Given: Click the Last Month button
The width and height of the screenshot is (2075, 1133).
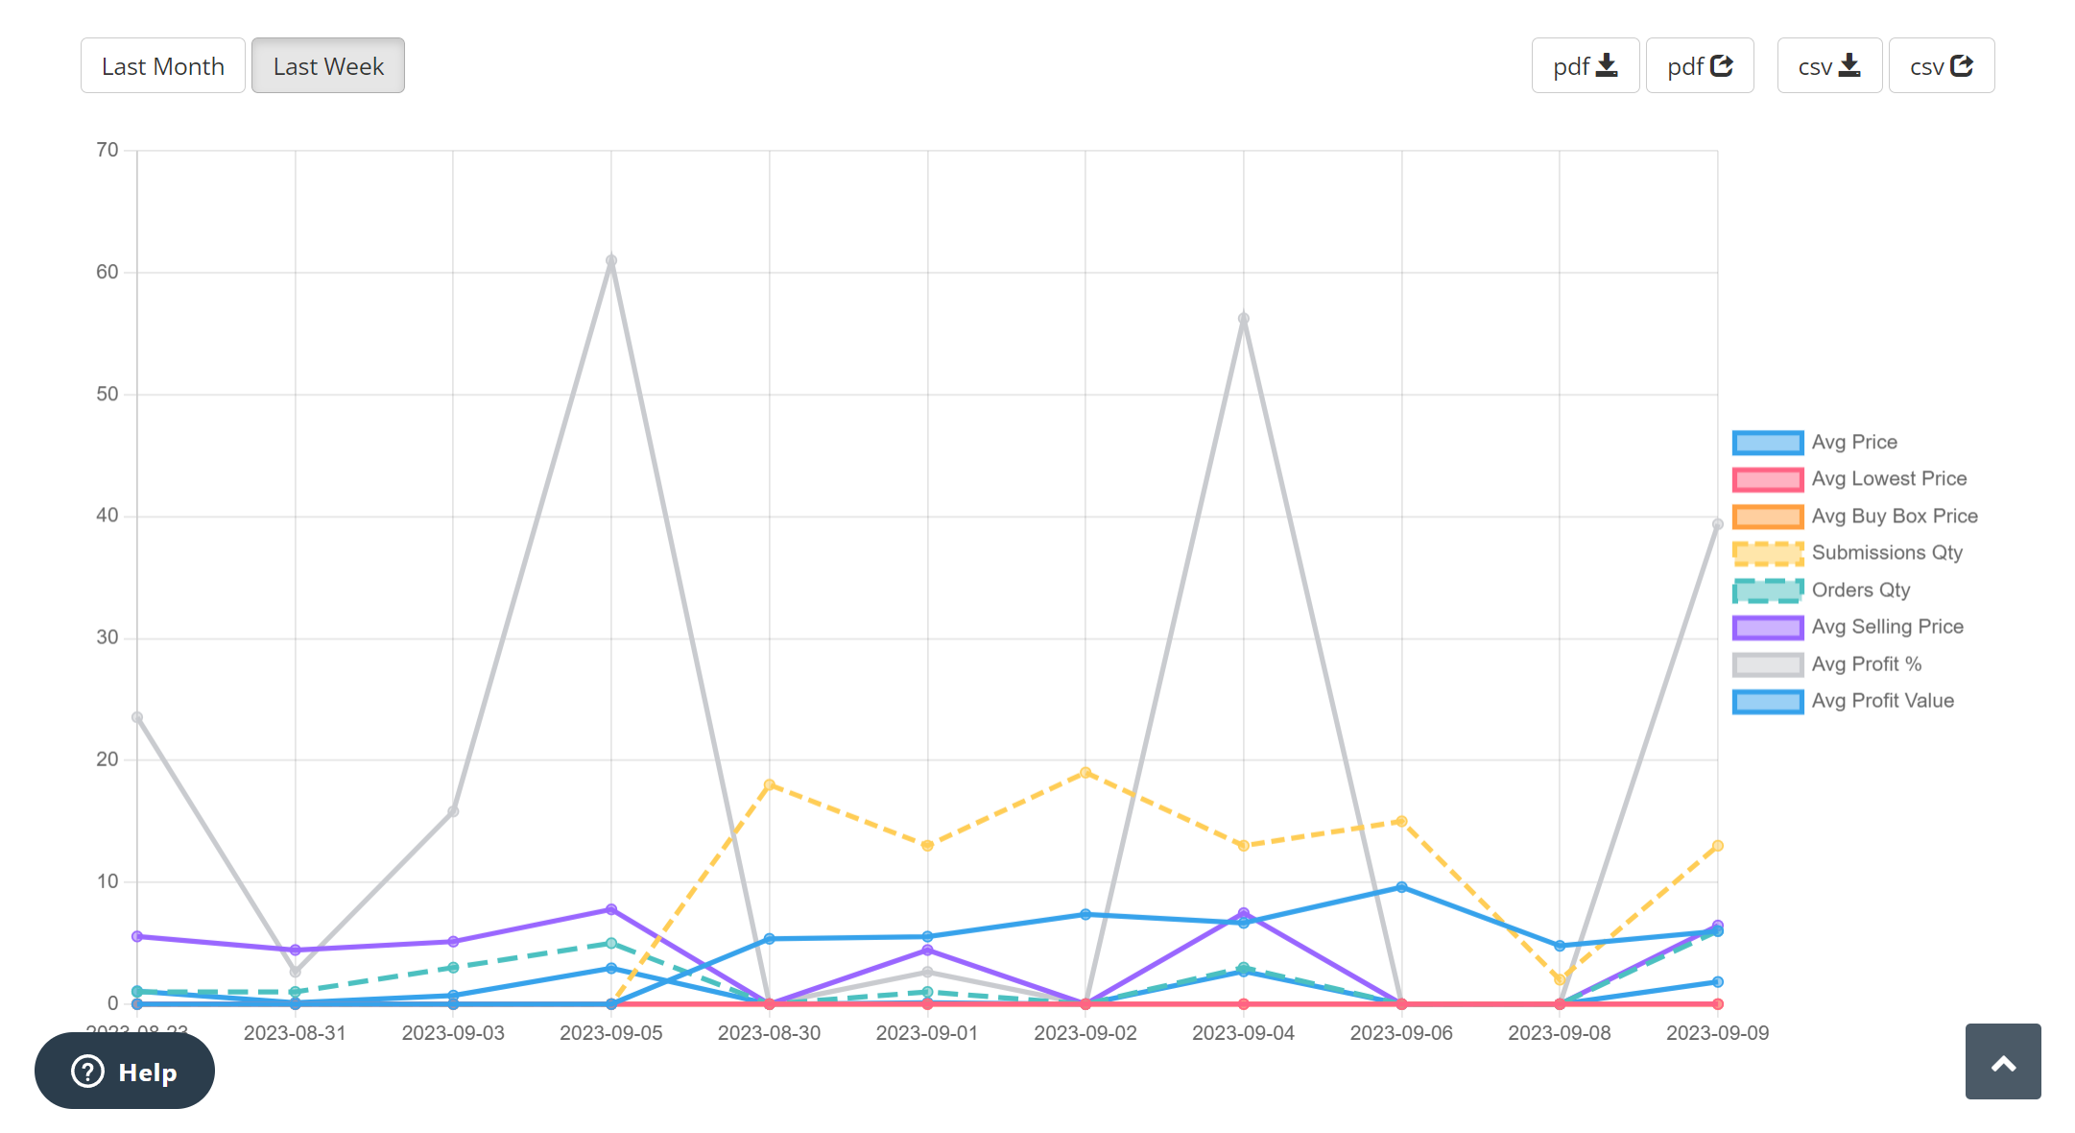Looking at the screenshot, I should point(162,66).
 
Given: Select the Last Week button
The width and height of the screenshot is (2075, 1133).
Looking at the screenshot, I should point(327,66).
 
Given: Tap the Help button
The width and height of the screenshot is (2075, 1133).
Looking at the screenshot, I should point(125,1071).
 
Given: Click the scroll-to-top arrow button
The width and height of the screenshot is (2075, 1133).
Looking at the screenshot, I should point(2002,1062).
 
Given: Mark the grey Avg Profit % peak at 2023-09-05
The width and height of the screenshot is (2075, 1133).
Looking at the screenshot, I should point(611,261).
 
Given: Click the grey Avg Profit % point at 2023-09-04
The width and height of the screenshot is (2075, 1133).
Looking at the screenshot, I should point(1243,319).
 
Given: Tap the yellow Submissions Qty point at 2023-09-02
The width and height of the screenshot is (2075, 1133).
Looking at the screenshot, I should point(1085,773).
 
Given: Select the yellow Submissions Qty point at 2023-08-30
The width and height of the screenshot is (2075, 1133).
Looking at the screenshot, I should point(769,785).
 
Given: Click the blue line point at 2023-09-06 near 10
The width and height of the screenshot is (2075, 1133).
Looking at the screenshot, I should point(1401,887).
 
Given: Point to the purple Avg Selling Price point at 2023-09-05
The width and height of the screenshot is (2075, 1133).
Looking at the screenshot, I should point(611,909).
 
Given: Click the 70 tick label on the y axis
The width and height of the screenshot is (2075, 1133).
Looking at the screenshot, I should point(107,150).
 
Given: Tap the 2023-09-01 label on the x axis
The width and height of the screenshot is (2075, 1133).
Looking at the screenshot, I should point(926,1033).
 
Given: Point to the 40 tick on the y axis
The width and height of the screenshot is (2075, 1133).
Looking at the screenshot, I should point(107,516).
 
